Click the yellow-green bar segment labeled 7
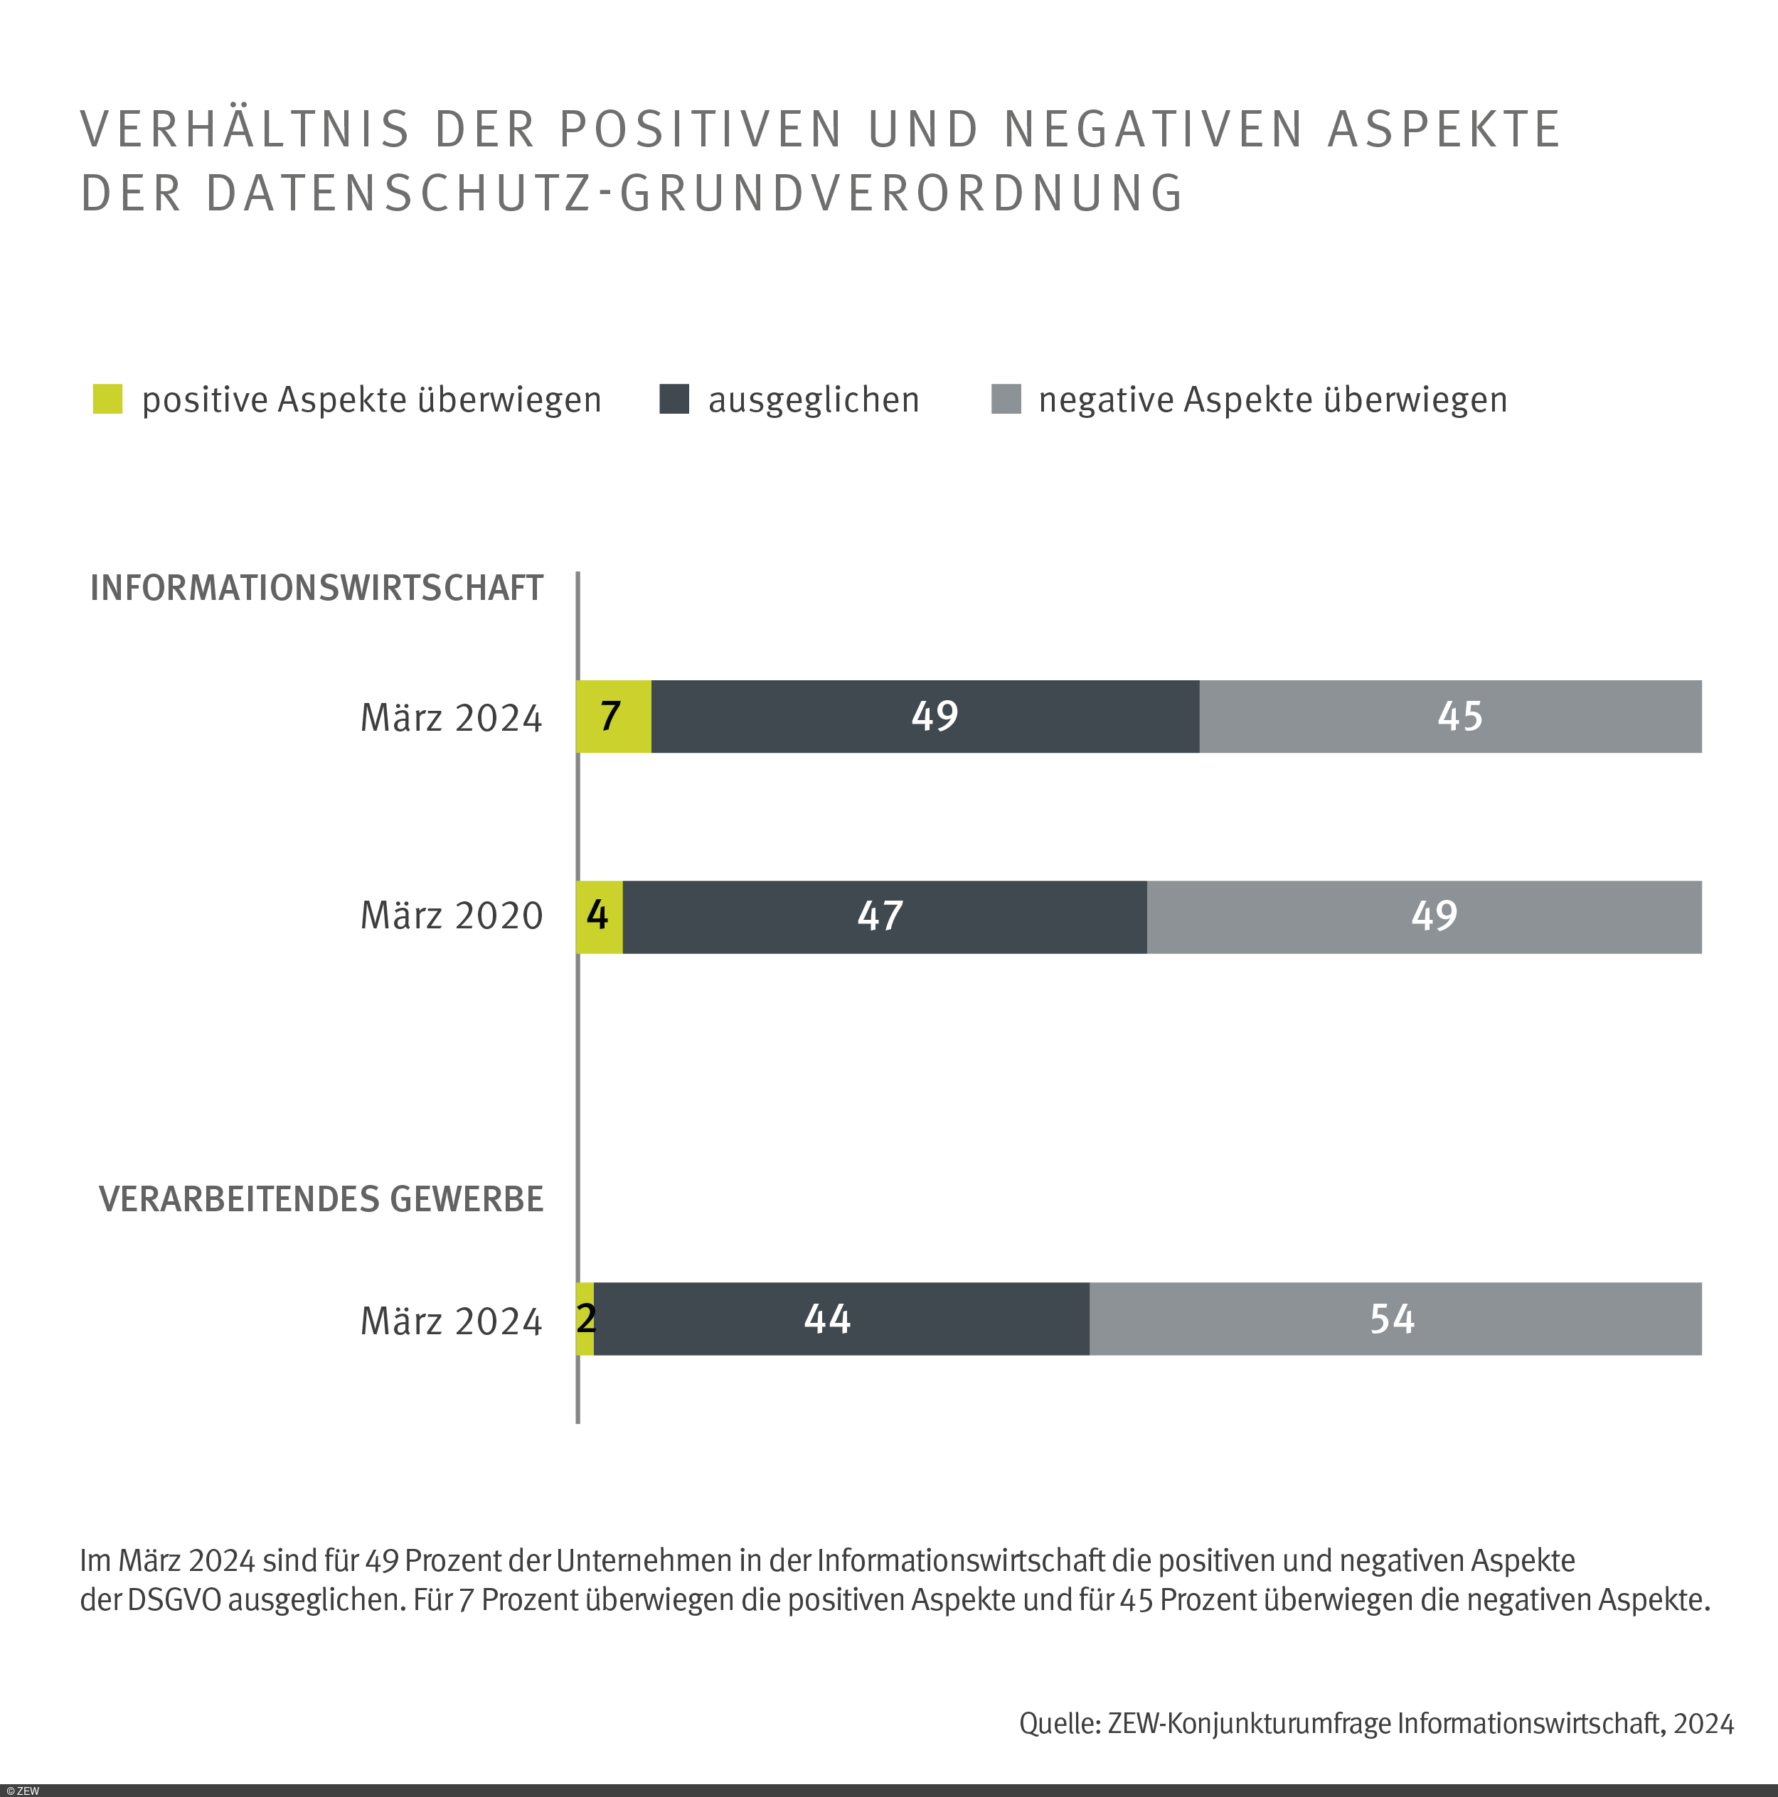614,717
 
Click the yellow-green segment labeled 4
599,917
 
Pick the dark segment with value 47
884,917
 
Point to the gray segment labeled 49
1424,917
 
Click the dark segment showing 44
841,1319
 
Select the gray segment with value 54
1395,1319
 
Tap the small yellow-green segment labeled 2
585,1319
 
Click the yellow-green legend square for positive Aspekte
108,399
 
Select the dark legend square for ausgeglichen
674,399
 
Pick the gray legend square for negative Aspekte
1006,399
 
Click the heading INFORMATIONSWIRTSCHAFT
316,589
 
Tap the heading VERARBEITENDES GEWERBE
321,1199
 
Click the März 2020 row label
451,916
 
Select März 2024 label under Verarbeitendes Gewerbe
451,1321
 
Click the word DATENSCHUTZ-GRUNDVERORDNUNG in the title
693,193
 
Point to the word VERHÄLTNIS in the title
245,129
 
